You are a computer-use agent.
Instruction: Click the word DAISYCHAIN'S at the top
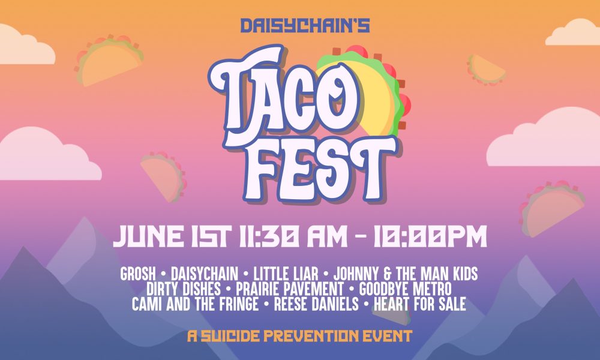click(x=305, y=26)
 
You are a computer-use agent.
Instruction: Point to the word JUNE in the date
click(x=148, y=236)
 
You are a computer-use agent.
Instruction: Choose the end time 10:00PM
click(x=430, y=236)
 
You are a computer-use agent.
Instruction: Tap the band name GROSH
click(x=138, y=274)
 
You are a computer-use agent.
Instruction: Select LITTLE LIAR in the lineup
click(x=286, y=274)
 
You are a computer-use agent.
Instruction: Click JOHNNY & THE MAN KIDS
click(x=406, y=274)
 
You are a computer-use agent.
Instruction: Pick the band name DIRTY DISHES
click(x=184, y=289)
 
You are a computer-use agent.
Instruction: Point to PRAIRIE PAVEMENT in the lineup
click(x=290, y=289)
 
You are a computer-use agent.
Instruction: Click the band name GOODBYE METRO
click(x=405, y=289)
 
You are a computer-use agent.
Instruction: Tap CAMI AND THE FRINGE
click(x=195, y=304)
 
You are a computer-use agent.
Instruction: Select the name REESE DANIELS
click(x=316, y=304)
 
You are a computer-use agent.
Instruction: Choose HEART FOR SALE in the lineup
click(x=420, y=304)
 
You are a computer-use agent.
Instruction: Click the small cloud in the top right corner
click(x=573, y=32)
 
